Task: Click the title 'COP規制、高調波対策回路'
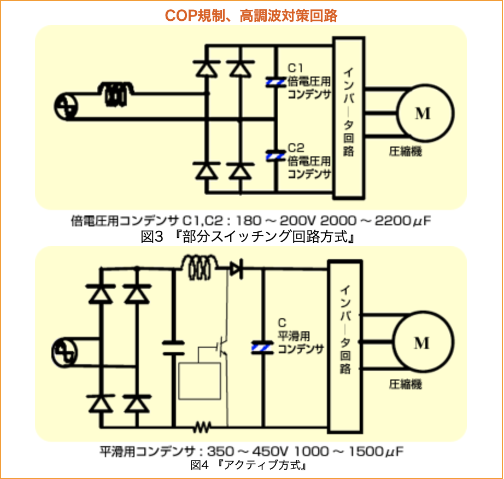(251, 15)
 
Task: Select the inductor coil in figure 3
(116, 93)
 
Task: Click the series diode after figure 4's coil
(236, 268)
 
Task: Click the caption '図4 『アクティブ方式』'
(251, 466)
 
